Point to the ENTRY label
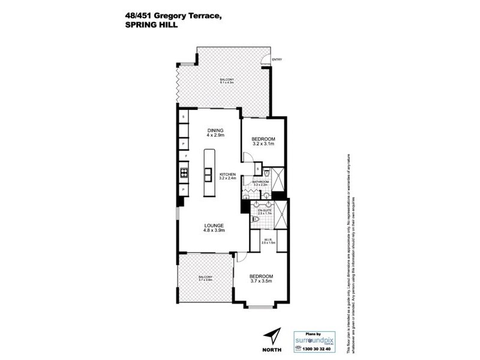(277, 60)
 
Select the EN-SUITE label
(265, 212)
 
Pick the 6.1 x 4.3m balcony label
(225, 82)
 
